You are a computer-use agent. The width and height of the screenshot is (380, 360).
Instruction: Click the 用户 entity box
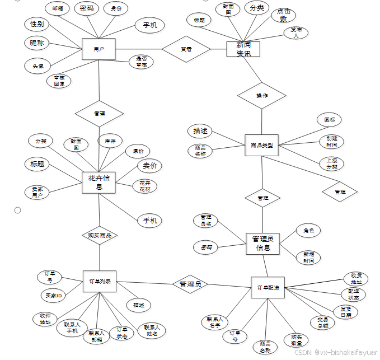pyautogui.click(x=98, y=49)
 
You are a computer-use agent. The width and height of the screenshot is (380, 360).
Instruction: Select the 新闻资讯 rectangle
pyautogui.click(x=243, y=49)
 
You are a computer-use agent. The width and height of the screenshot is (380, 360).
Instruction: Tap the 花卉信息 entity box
pyautogui.click(x=98, y=183)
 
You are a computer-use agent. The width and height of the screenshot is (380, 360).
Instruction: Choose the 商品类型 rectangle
pyautogui.click(x=261, y=145)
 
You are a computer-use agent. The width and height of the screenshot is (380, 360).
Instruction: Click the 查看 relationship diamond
pyautogui.click(x=186, y=49)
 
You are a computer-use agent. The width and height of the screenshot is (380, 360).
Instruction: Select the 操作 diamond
pyautogui.click(x=261, y=96)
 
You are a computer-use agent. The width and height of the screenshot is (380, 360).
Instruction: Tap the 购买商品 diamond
pyautogui.click(x=100, y=235)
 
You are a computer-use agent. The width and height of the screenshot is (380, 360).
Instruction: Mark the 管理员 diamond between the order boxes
pyautogui.click(x=190, y=284)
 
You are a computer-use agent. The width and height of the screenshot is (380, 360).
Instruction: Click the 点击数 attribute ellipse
pyautogui.click(x=283, y=15)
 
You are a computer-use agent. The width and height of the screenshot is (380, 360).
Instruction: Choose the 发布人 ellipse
pyautogui.click(x=295, y=33)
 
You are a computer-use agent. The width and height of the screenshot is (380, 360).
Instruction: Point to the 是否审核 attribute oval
pyautogui.click(x=141, y=62)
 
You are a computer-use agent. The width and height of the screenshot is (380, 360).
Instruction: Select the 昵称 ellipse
pyautogui.click(x=37, y=43)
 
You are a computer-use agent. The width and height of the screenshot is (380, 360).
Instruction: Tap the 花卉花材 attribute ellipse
pyautogui.click(x=145, y=186)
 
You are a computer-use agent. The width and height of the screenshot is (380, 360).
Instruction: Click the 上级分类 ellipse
pyautogui.click(x=331, y=163)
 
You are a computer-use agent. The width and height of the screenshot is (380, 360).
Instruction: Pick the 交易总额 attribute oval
pyautogui.click(x=323, y=322)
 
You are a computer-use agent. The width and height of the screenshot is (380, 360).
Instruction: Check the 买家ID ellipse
pyautogui.click(x=53, y=295)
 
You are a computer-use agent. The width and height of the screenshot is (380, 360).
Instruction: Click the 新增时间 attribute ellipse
pyautogui.click(x=308, y=257)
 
